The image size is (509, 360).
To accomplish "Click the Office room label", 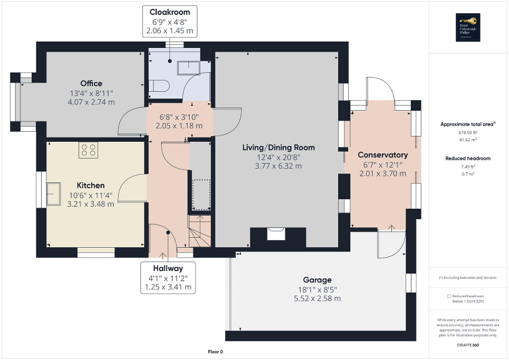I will coord(91,83).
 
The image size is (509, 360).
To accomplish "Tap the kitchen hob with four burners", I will coord(88,150).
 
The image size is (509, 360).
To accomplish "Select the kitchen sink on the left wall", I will coord(53,193).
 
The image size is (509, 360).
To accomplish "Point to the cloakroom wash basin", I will coord(187,67).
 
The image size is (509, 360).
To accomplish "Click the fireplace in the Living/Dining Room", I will coord(276,233).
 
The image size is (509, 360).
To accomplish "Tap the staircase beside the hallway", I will coord(200,231).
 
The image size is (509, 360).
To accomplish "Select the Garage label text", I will coord(317,280).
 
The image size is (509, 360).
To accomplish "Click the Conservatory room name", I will coord(382,155).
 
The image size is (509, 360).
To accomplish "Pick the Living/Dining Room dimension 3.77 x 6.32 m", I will coord(278,166).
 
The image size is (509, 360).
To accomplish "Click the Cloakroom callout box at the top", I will coord(169,21).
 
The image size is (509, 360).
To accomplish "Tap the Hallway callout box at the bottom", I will coord(168,278).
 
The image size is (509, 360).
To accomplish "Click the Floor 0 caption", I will coord(216,352).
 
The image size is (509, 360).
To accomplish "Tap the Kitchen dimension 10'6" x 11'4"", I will coord(91,195).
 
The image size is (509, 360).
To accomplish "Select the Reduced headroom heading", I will coord(468,158).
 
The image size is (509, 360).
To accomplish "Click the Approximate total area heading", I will coord(468,124).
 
